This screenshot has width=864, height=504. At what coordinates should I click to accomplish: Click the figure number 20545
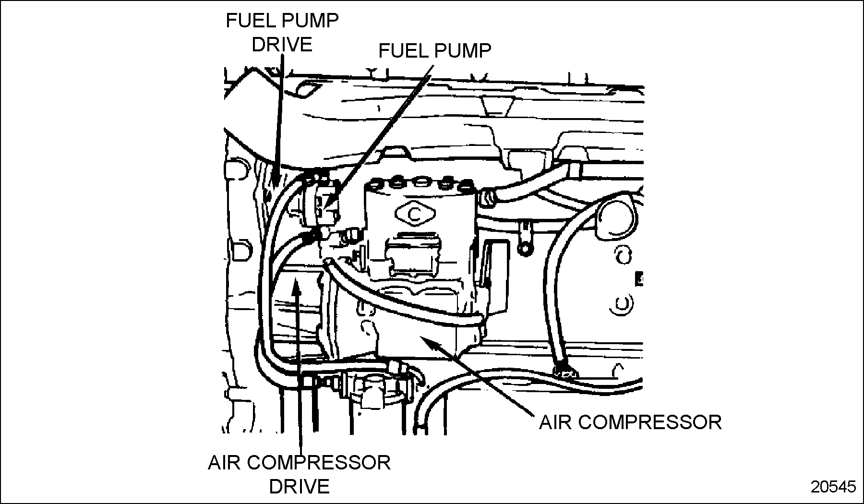(833, 487)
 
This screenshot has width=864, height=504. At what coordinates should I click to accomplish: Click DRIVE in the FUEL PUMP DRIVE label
(282, 45)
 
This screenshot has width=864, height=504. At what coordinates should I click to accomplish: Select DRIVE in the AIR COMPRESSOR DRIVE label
(299, 486)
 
